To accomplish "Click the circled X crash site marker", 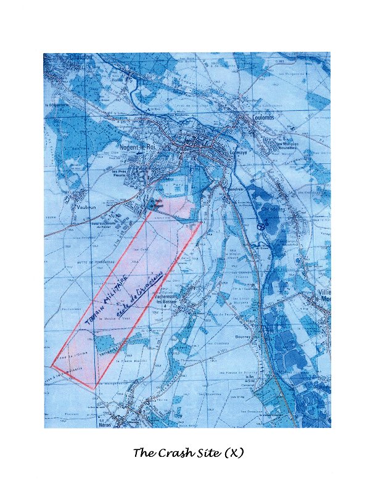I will tap(261, 227).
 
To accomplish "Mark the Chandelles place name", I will tap(273, 210).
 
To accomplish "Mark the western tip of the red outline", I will tap(52, 366).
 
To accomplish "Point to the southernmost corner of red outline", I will tap(94, 390).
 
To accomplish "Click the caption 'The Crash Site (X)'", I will tap(188, 453).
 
